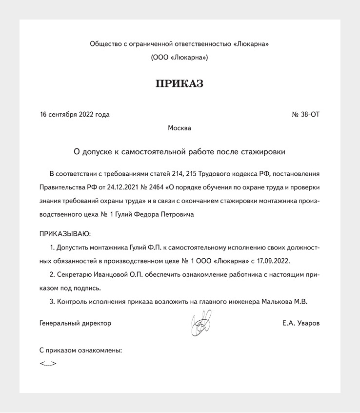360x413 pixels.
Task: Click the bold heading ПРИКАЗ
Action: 180,84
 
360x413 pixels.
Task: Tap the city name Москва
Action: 180,128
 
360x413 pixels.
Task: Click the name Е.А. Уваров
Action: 301,323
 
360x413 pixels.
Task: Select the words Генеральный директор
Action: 75,323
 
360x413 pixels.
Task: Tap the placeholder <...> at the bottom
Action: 48,364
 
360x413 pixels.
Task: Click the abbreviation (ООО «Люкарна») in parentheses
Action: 180,58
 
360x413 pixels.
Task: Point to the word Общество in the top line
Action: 105,44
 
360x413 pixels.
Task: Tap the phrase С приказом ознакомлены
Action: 80,350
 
